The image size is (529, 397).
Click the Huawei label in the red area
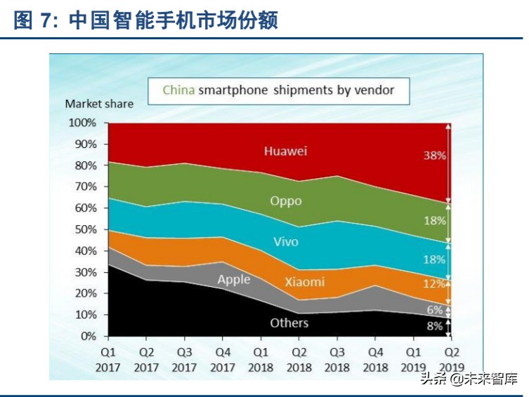[286, 151]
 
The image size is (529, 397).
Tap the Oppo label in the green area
[286, 201]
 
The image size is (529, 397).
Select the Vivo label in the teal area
[286, 242]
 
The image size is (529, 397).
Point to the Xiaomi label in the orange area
[304, 282]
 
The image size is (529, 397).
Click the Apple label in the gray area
[233, 280]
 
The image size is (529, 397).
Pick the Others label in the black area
[289, 323]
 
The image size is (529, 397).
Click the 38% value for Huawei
[434, 156]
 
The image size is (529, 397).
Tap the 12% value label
[434, 284]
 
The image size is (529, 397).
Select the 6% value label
[436, 309]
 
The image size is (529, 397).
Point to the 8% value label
[436, 326]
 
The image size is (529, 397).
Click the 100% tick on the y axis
[83, 123]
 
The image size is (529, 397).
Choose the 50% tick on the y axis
[86, 229]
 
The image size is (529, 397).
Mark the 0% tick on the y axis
[89, 337]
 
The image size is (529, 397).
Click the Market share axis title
[99, 104]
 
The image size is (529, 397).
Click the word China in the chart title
[178, 90]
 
